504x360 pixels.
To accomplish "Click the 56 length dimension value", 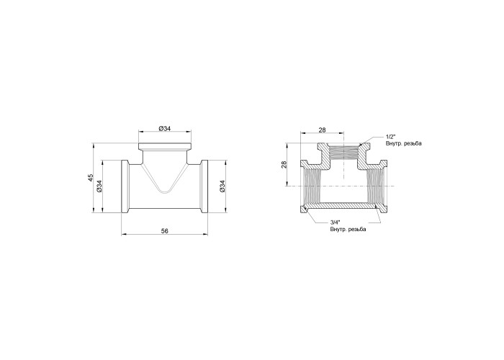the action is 165,230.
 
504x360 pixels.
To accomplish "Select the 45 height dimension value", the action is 91,177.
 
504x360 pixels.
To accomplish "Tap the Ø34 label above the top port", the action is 165,129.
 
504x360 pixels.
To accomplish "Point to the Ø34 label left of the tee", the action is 99,186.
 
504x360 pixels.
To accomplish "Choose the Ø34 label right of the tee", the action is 222,186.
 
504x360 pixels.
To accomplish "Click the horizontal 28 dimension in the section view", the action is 322,130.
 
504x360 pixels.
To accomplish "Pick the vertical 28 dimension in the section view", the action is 284,165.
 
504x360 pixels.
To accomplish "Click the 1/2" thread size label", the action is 390,137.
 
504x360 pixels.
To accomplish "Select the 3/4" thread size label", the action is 335,222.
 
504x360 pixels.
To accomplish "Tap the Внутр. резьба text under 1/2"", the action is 403,143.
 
